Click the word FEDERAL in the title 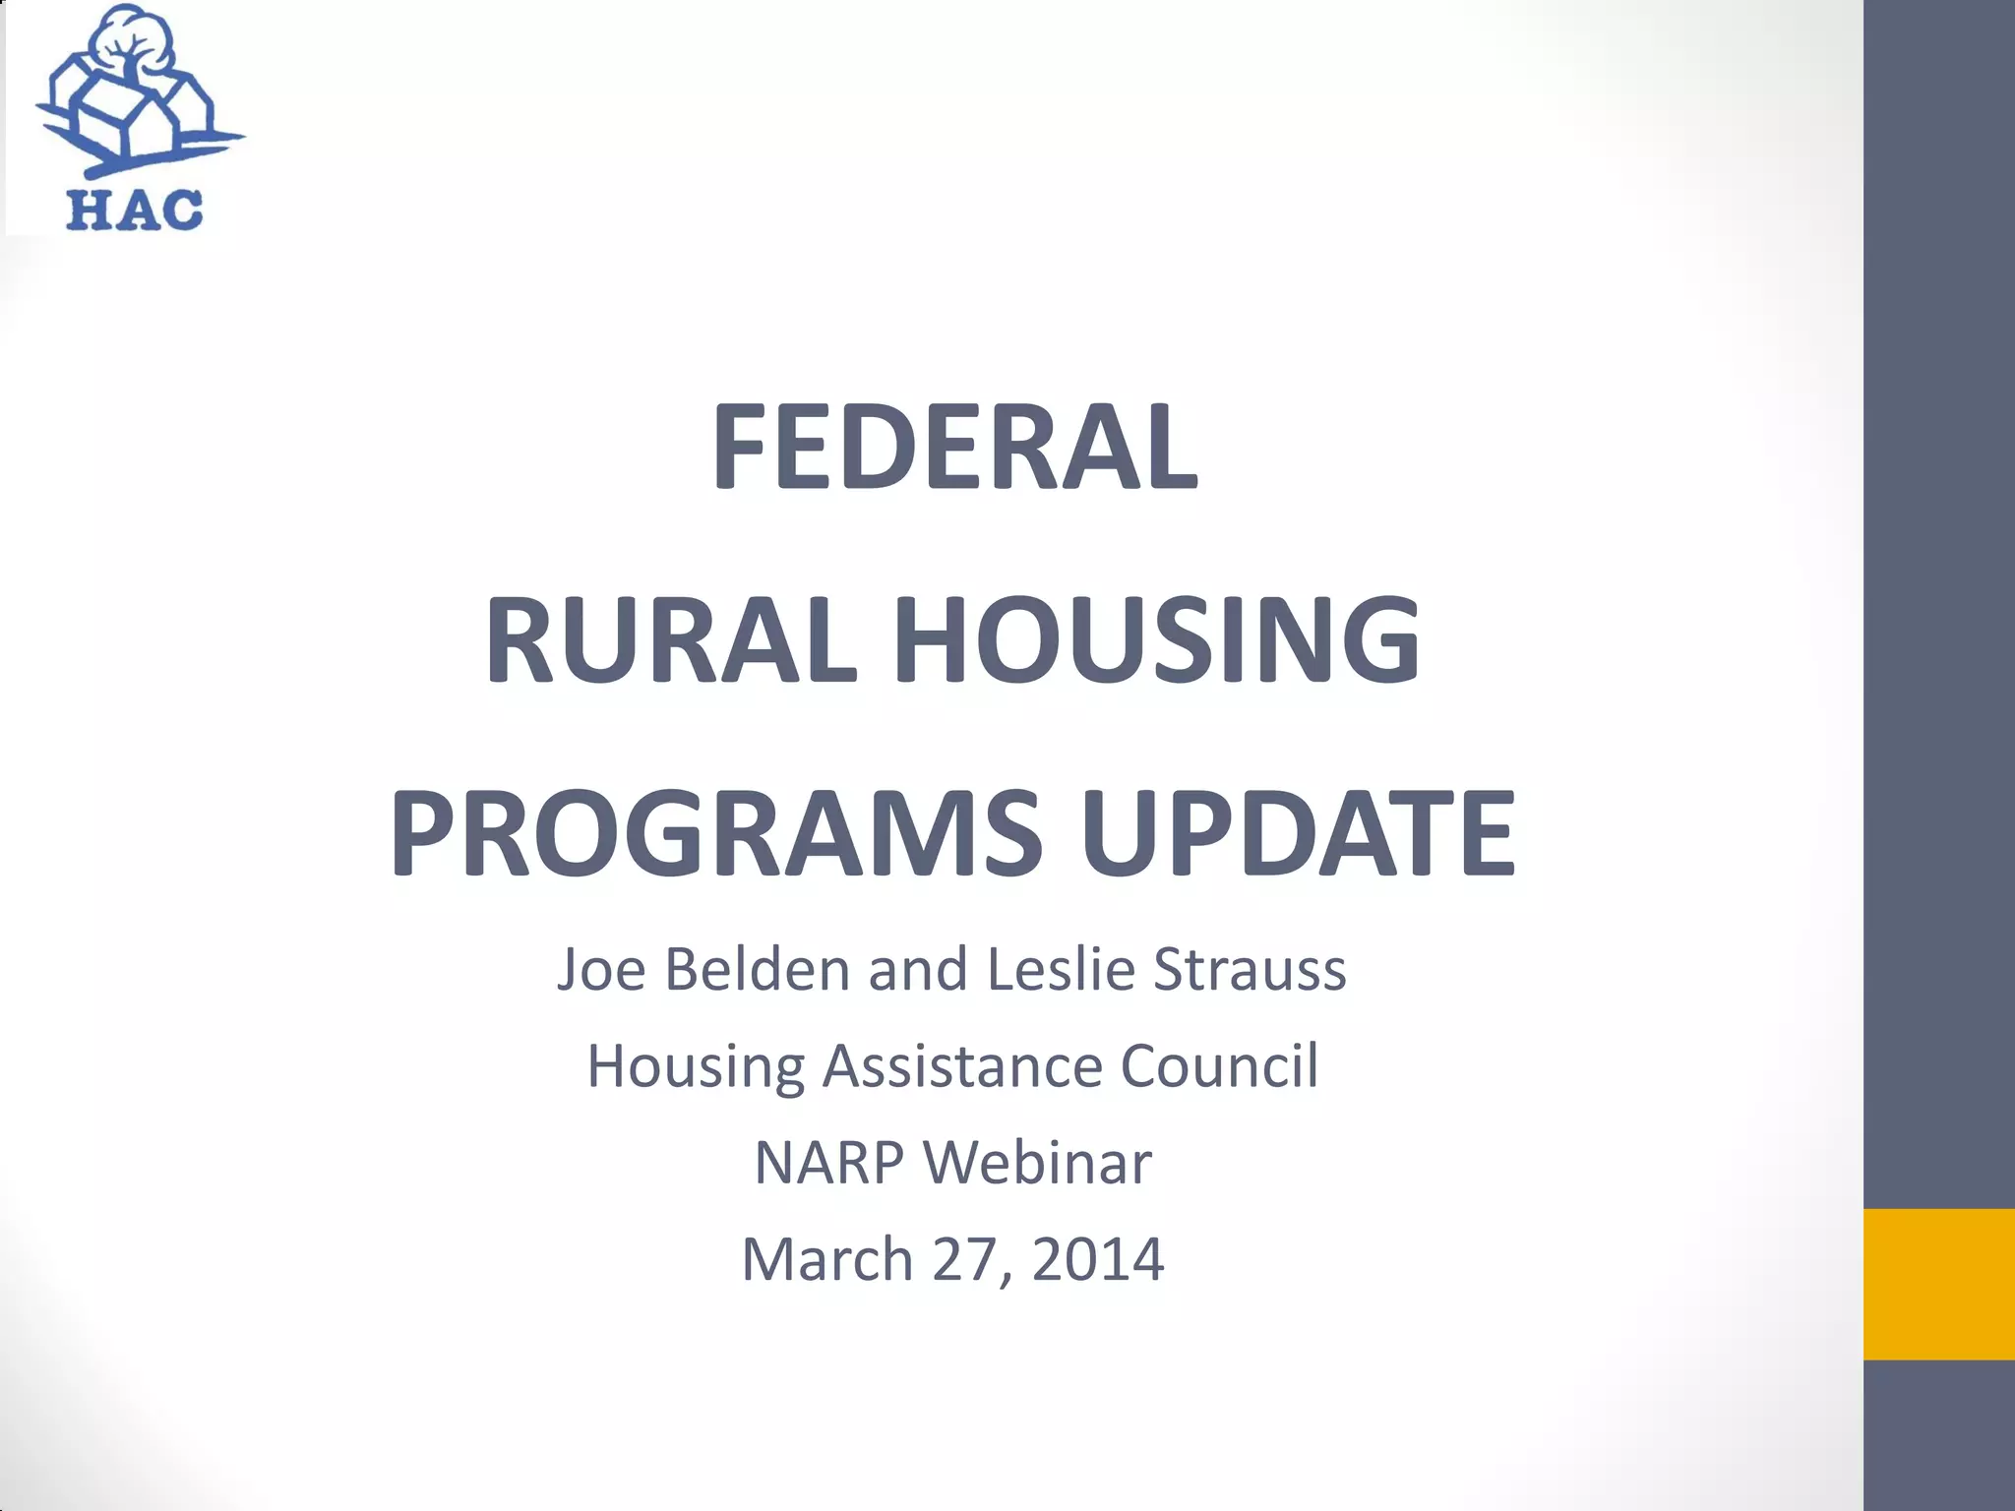(x=953, y=448)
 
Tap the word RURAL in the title (x=671, y=640)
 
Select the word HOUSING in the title (x=1155, y=640)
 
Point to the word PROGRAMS (x=715, y=833)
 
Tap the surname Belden (x=757, y=969)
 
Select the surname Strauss (x=1250, y=969)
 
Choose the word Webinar (x=1037, y=1163)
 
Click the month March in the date (x=827, y=1259)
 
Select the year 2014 (x=1098, y=1259)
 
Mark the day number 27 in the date (x=967, y=1259)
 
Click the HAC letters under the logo (x=134, y=209)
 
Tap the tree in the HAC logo (x=131, y=44)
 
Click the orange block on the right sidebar (x=1938, y=1284)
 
